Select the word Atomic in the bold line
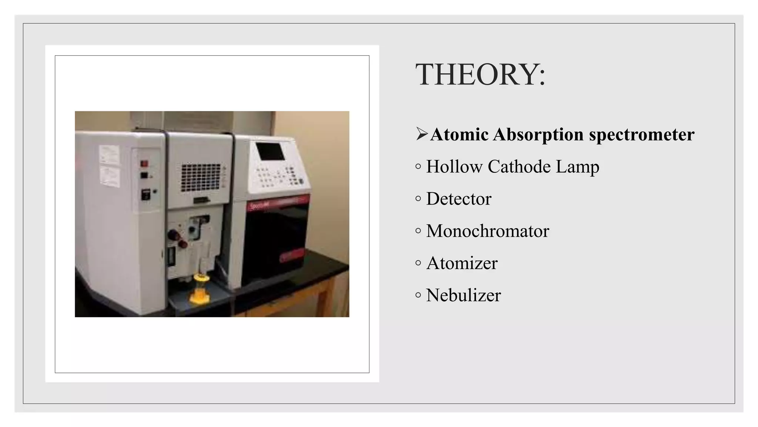tap(460, 134)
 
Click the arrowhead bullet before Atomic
tap(421, 134)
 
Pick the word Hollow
tap(454, 166)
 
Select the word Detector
tap(459, 199)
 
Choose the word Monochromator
tap(487, 231)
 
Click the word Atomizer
tap(462, 263)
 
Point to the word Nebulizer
tap(463, 295)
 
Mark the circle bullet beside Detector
tap(418, 199)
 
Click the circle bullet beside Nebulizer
tap(418, 295)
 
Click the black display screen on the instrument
tap(270, 151)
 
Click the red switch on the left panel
tap(144, 163)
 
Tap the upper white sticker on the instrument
tap(109, 154)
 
